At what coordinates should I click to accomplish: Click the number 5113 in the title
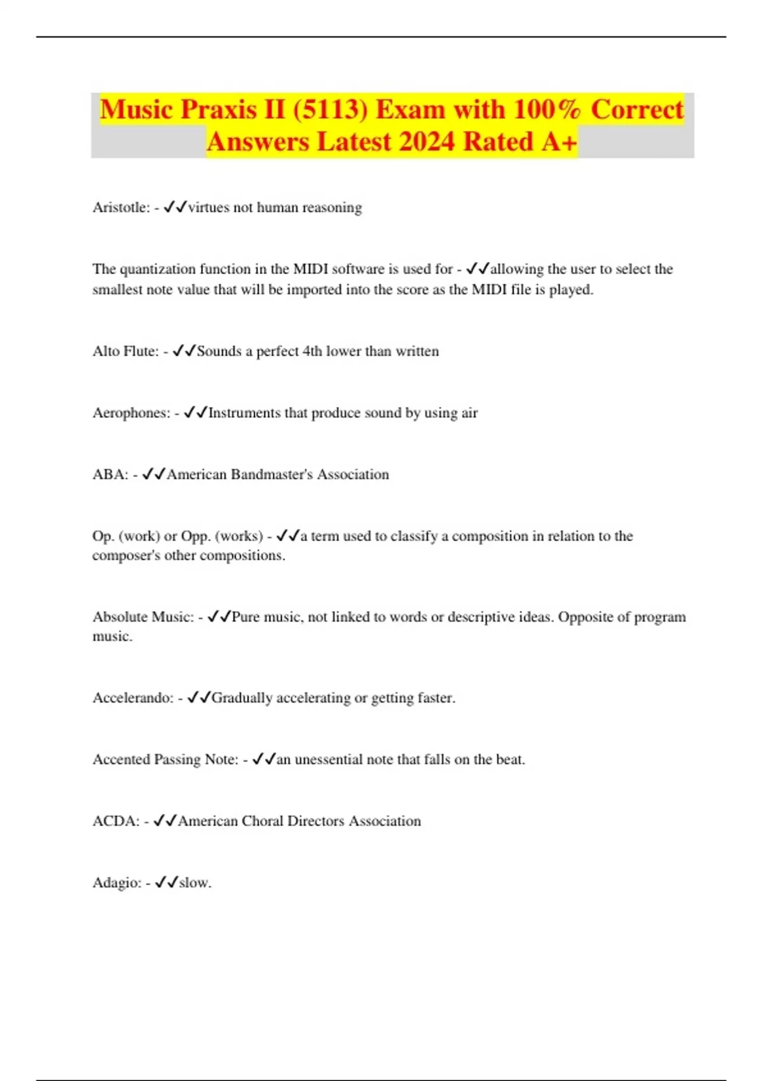tap(330, 110)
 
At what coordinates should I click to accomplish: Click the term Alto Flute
tap(125, 351)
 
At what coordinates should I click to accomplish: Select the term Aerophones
tap(131, 413)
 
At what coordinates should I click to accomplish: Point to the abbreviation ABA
tap(110, 474)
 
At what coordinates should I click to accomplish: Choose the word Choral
tap(262, 821)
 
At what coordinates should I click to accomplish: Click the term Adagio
tap(116, 883)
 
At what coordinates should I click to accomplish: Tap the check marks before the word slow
tap(167, 882)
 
